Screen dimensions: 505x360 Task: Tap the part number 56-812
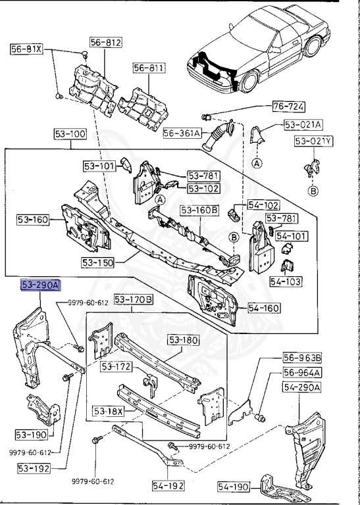pos(106,42)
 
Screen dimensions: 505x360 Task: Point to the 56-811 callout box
pos(149,68)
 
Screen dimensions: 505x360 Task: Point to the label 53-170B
pos(134,300)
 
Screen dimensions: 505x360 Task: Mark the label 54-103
pos(285,281)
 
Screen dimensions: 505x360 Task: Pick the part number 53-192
pos(31,468)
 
